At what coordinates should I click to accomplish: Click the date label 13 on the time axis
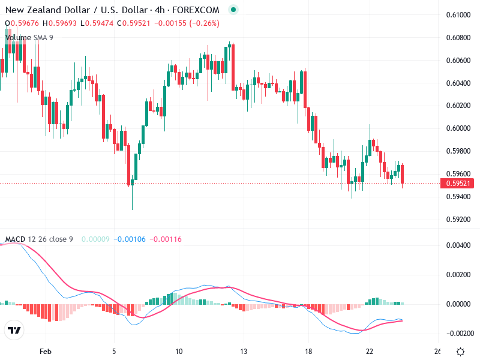(x=243, y=352)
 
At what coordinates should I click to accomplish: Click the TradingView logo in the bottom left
(x=14, y=331)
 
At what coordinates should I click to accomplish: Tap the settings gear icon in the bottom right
(x=460, y=352)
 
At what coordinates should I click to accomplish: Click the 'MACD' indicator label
(x=16, y=239)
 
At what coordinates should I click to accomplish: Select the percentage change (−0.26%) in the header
(x=205, y=23)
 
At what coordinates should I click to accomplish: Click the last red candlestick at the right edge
(x=403, y=174)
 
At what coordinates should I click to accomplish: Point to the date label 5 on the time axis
(x=113, y=352)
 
